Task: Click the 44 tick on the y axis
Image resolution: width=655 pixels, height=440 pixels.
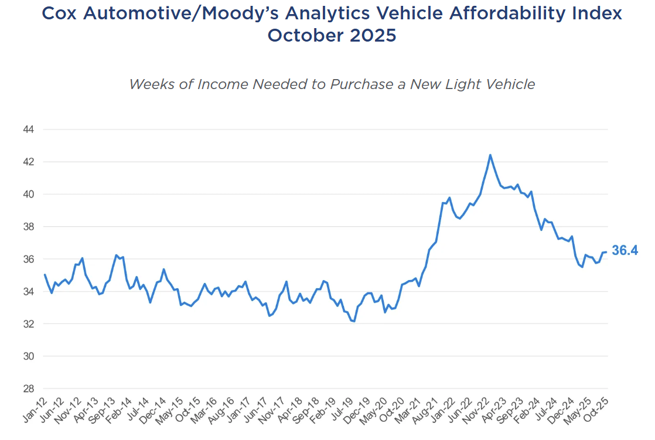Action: pyautogui.click(x=28, y=129)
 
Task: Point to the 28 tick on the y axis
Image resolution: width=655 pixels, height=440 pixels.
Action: pyautogui.click(x=28, y=388)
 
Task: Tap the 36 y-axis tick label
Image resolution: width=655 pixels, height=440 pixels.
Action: pyautogui.click(x=28, y=259)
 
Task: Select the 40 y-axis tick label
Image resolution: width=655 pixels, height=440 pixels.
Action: pyautogui.click(x=28, y=194)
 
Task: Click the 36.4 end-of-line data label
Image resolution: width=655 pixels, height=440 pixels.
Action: pyautogui.click(x=625, y=251)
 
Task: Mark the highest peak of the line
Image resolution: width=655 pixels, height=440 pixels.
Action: pyautogui.click(x=490, y=155)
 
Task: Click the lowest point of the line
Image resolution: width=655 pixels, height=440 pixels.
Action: pyautogui.click(x=354, y=321)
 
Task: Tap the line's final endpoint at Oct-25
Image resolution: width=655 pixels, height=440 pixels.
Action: pyautogui.click(x=606, y=252)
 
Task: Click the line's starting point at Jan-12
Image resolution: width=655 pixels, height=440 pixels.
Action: pyautogui.click(x=45, y=274)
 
